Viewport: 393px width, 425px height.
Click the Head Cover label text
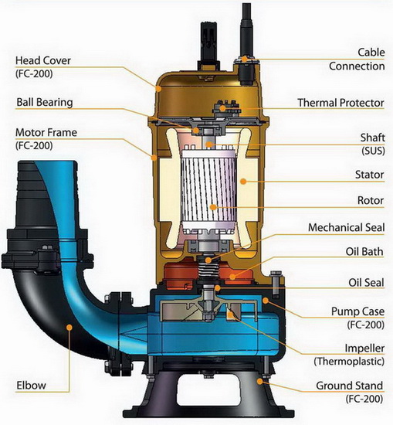pos(43,60)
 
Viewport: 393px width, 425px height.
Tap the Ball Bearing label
pos(45,103)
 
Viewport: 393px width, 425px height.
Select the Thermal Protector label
pos(340,103)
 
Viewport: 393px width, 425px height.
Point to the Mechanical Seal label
pos(346,227)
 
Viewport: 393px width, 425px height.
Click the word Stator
pos(369,175)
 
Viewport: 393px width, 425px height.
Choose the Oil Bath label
pos(364,252)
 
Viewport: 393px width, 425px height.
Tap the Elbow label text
pos(31,385)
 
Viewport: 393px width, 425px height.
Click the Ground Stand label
pos(350,386)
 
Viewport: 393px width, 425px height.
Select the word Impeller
pos(364,348)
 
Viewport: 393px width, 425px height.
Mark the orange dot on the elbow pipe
pos(69,328)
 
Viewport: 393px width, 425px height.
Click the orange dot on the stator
pos(243,182)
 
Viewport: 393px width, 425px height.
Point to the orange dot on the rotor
pos(213,207)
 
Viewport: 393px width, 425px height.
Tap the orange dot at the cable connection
pos(245,59)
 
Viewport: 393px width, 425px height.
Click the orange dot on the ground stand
pos(259,382)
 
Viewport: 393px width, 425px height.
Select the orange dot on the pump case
pos(266,301)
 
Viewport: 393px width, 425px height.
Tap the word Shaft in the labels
pos(372,138)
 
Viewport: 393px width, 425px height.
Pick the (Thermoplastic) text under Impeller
pos(349,362)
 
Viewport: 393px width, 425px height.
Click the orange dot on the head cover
pos(158,88)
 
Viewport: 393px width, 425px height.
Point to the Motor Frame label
pos(46,133)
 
